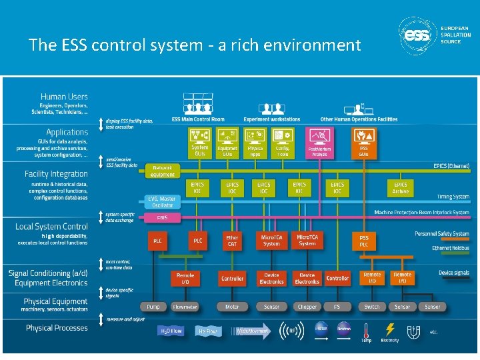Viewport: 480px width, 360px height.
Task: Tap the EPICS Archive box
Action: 400,187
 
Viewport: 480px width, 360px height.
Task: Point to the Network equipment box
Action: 162,171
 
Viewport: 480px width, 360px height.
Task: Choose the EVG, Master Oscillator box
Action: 162,201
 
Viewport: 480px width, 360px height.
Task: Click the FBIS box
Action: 162,218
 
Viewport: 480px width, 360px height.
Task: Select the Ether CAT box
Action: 232,240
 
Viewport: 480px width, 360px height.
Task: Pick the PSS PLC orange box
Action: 364,240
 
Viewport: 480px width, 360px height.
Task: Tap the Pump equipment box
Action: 153,307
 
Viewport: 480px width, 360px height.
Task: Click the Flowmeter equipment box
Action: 185,307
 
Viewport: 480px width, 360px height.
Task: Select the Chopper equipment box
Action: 307,307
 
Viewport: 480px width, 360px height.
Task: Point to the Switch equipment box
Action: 372,307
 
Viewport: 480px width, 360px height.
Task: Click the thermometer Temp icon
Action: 366,329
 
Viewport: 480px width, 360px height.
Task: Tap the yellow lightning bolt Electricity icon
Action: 391,329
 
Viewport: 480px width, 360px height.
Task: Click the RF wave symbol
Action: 291,329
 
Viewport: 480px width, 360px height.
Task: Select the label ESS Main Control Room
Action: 199,119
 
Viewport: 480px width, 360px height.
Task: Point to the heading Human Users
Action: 64,97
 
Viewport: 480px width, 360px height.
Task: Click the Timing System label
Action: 453,197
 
